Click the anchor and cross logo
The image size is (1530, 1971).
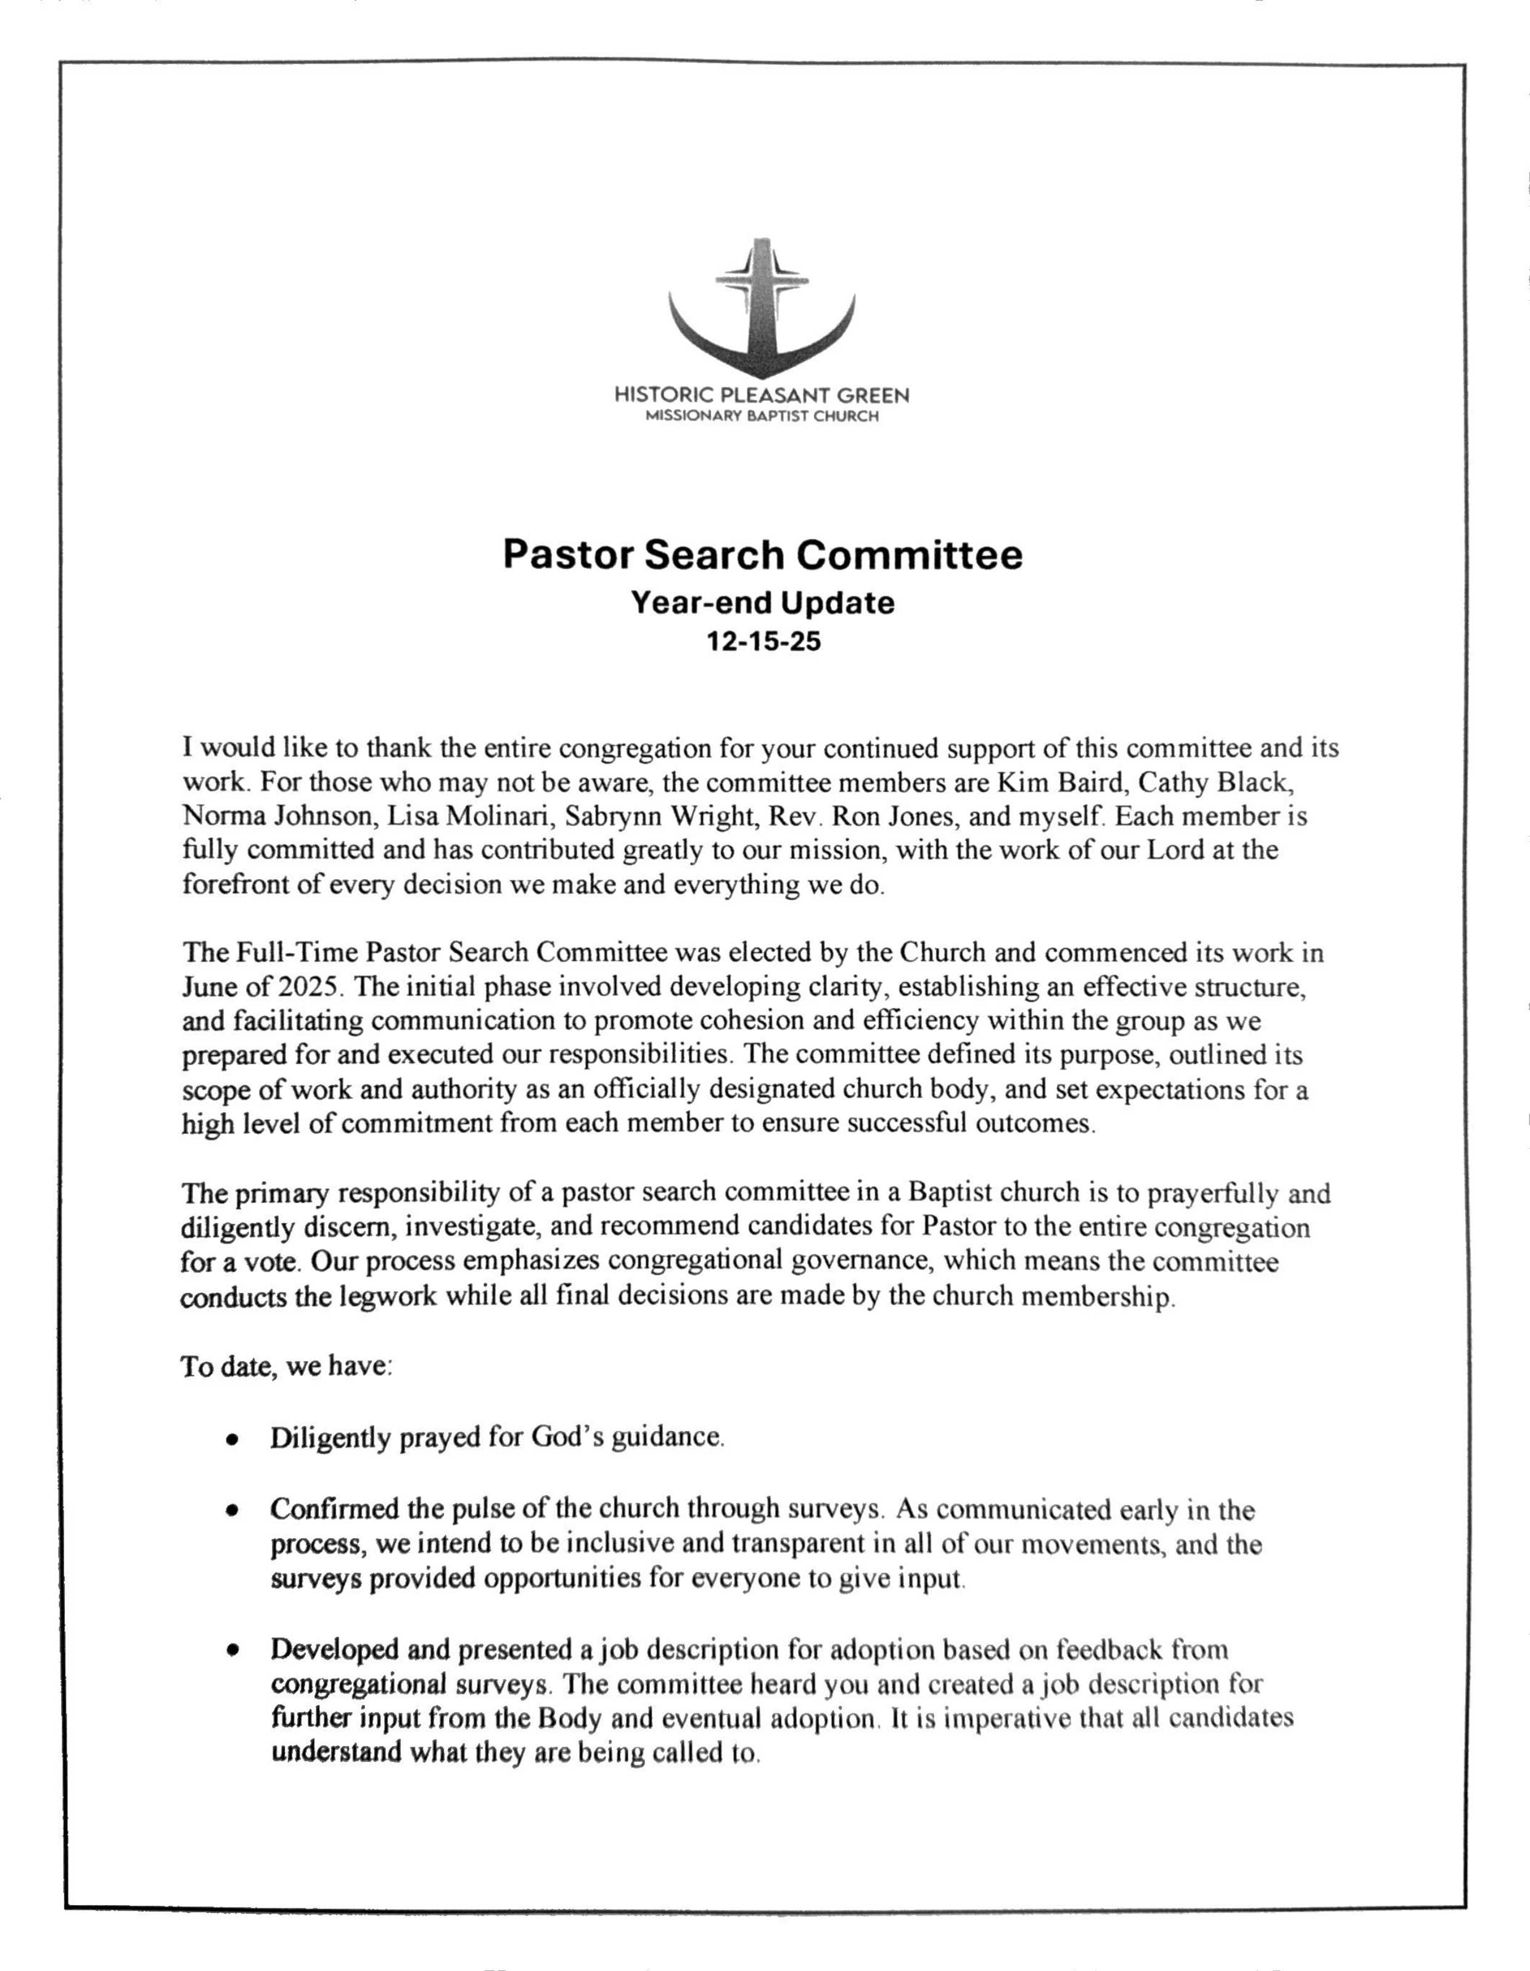click(x=762, y=307)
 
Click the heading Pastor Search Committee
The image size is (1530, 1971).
click(x=763, y=554)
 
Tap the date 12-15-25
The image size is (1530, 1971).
click(x=763, y=642)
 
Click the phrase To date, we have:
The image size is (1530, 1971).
click(x=287, y=1366)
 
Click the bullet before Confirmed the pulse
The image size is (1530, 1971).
click(x=233, y=1509)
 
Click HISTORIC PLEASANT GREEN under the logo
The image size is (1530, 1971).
click(x=762, y=395)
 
